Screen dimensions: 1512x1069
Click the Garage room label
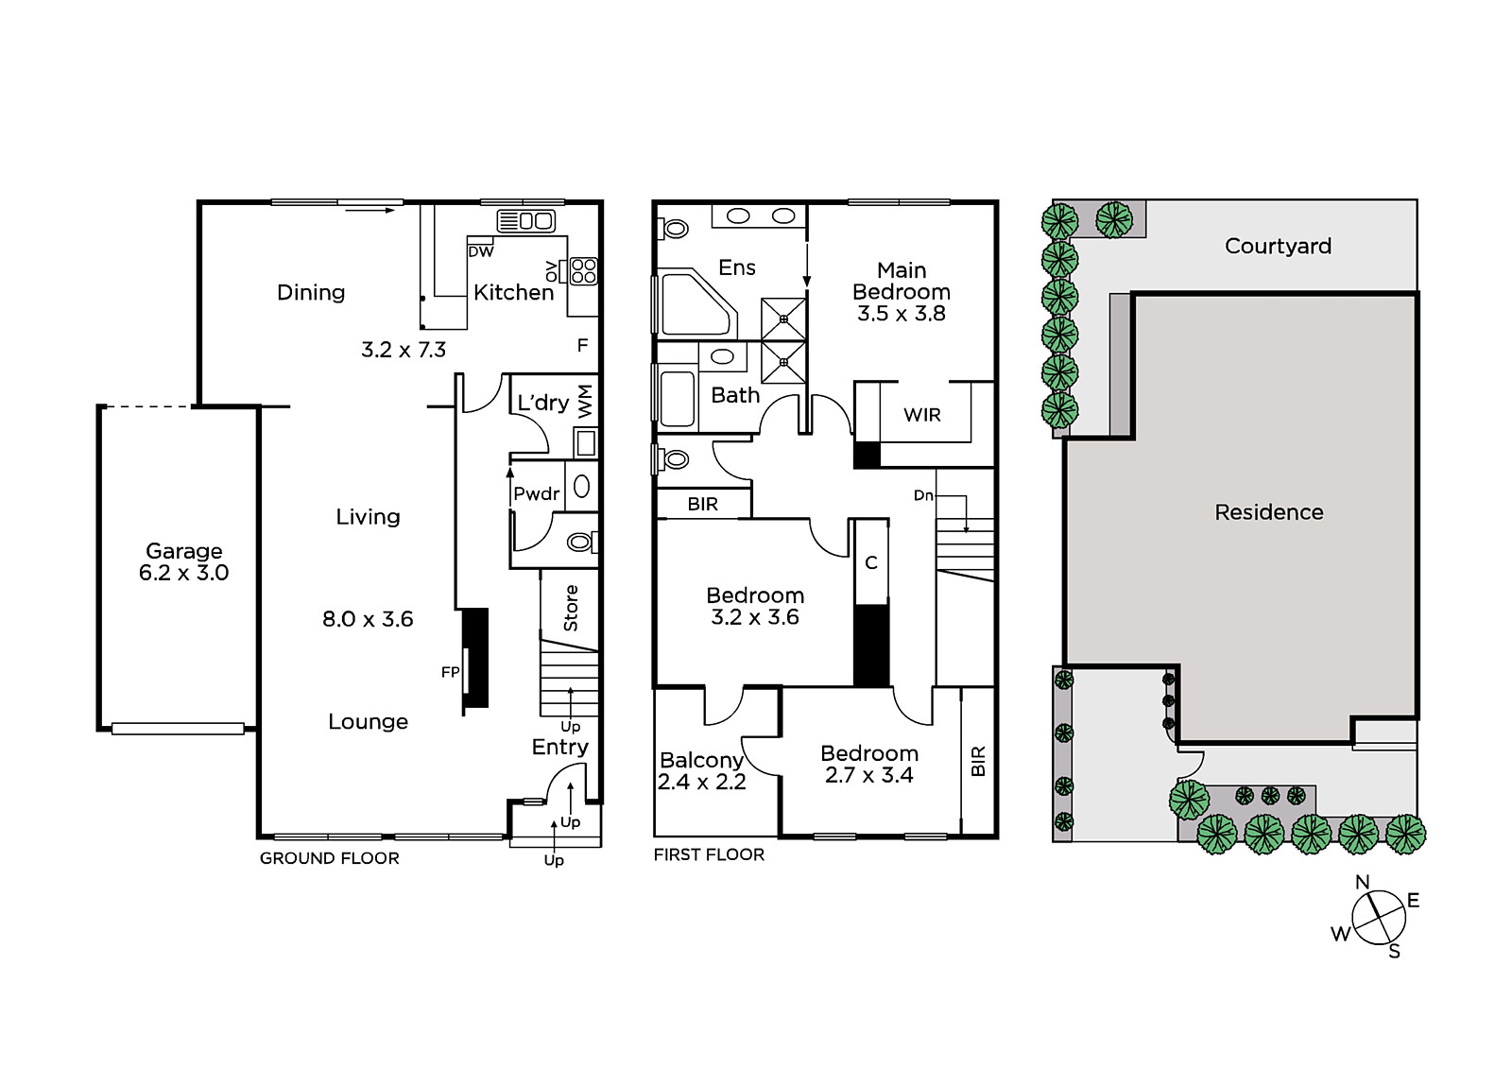183,551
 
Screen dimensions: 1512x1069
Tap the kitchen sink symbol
525,221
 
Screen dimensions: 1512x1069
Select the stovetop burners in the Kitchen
584,271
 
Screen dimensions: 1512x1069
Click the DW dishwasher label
481,251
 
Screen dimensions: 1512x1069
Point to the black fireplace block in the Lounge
474,658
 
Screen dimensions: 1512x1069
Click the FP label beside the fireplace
450,672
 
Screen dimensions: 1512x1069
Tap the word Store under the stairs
571,609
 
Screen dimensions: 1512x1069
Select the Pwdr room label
537,493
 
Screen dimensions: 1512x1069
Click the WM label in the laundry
585,401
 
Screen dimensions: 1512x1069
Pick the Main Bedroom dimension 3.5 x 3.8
902,314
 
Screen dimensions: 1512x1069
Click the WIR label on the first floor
922,415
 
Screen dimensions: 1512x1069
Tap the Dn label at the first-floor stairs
923,495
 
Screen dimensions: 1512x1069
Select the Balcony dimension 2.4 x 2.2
701,782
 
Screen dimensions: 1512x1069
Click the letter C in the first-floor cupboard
870,562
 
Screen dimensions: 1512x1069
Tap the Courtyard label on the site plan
1278,246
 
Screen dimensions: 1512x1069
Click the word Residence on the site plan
1269,512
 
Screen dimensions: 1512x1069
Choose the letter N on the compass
1362,883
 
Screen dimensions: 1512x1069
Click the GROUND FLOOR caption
330,858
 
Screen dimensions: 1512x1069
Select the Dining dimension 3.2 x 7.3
404,350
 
